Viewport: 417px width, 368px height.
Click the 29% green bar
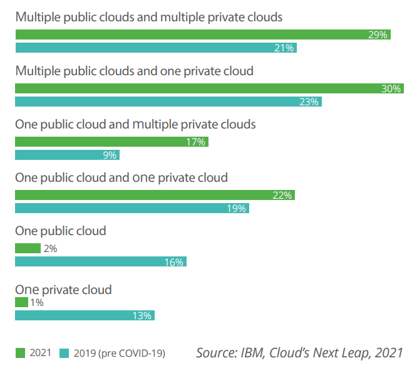click(x=202, y=35)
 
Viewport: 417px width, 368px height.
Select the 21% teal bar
click(x=155, y=48)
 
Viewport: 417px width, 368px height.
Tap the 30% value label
click(x=391, y=89)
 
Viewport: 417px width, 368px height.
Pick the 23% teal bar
click(x=168, y=102)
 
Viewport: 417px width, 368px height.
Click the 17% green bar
click(x=111, y=142)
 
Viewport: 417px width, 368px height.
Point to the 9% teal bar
click(x=67, y=155)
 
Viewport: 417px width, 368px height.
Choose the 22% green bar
click(x=155, y=196)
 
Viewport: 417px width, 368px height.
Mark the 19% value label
click(x=236, y=208)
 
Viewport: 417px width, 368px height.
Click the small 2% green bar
click(x=28, y=248)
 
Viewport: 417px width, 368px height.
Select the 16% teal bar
click(x=100, y=261)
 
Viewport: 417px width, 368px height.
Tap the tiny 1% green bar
click(x=21, y=303)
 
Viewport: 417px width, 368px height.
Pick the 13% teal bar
click(x=85, y=315)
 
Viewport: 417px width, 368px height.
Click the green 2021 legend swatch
click(x=20, y=354)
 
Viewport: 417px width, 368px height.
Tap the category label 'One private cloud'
click(x=63, y=290)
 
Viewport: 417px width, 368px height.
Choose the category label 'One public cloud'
click(x=61, y=231)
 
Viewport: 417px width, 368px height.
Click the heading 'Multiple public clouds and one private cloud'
click(x=134, y=71)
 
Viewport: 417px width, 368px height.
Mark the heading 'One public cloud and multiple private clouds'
click(x=135, y=124)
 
